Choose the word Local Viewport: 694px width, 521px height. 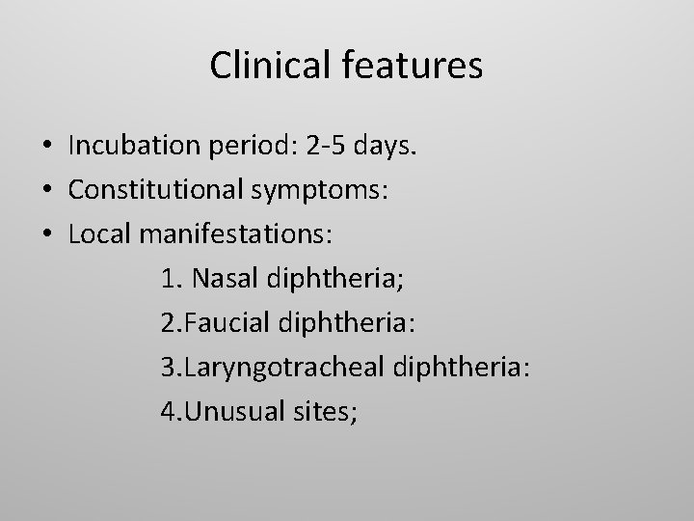coord(97,234)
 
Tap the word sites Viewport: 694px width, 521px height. coord(326,412)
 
